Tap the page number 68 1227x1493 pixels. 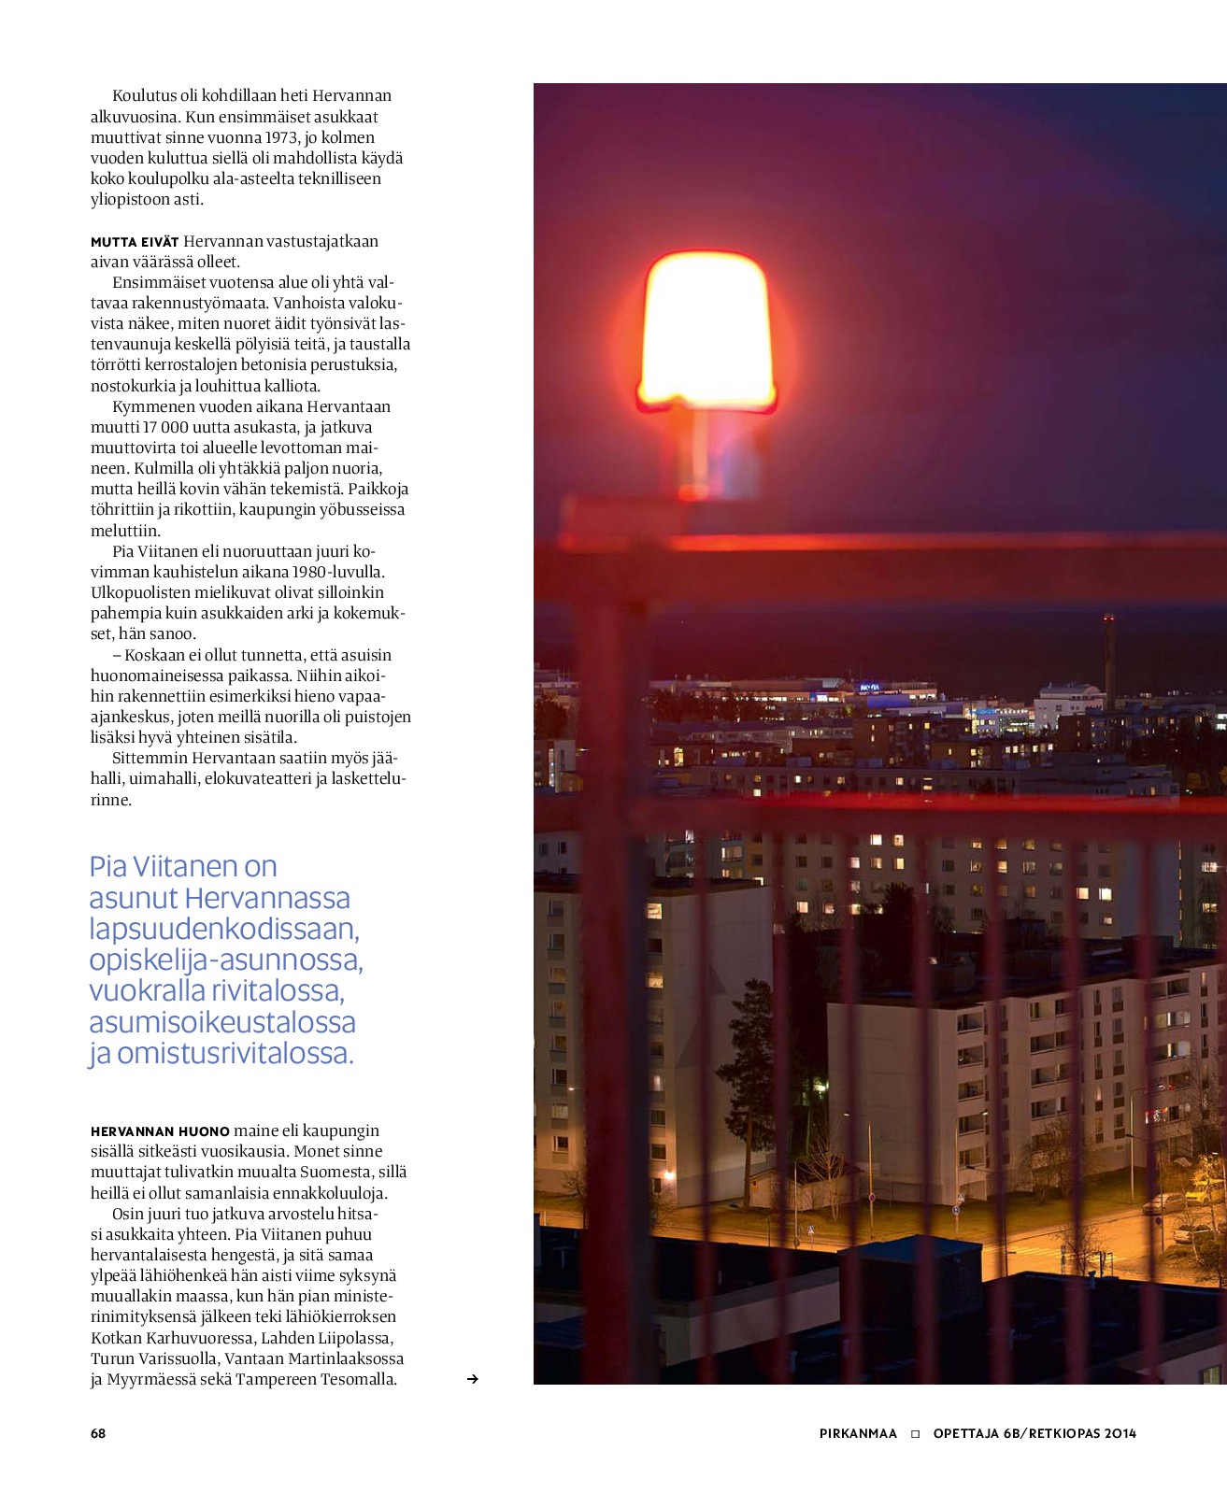[x=98, y=1433]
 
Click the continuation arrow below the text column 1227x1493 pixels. [x=473, y=1379]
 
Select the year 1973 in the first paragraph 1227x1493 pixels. [x=281, y=137]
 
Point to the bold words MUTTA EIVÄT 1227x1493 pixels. [x=135, y=242]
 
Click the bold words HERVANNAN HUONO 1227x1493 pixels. [x=160, y=1131]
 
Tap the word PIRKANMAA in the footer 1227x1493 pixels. [x=858, y=1433]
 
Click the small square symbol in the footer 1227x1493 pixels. [x=916, y=1433]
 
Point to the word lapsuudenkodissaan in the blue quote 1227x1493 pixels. [x=224, y=930]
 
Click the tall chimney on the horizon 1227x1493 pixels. [x=1109, y=659]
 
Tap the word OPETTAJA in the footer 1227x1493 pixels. [x=964, y=1433]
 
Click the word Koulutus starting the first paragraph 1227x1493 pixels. [x=143, y=95]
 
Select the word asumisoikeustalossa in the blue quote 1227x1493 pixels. [x=222, y=1022]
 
